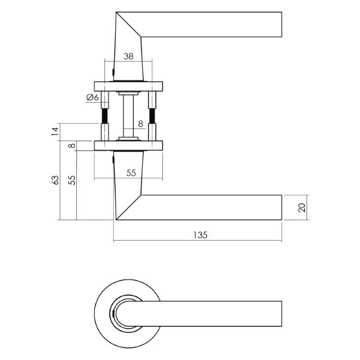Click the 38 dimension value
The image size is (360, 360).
pyautogui.click(x=128, y=56)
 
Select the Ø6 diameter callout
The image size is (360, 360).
pyautogui.click(x=92, y=98)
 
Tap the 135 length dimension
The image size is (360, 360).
pyautogui.click(x=200, y=235)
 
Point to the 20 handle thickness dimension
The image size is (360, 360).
pyautogui.click(x=302, y=208)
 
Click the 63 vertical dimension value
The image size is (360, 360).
pyautogui.click(x=55, y=180)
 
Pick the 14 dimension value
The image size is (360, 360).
pyautogui.click(x=55, y=131)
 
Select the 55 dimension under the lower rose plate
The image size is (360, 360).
pyautogui.click(x=131, y=173)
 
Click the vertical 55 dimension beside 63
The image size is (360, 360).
pyautogui.click(x=72, y=180)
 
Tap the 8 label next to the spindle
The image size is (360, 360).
pyautogui.click(x=140, y=124)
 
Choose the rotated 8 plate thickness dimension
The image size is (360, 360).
pyautogui.click(x=72, y=146)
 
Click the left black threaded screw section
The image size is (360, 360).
pyautogui.click(x=105, y=116)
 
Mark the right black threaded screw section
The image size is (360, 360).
pyautogui.click(x=152, y=116)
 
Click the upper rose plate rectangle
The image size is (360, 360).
pyautogui.click(x=128, y=86)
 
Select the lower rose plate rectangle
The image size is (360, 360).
pyautogui.click(x=128, y=146)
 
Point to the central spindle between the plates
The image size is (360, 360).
pyautogui.click(x=128, y=116)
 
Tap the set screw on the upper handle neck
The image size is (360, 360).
pyautogui.click(x=113, y=72)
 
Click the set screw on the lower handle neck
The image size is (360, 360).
pyautogui.click(x=113, y=159)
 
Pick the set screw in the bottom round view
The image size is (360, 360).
pyautogui.click(x=114, y=313)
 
